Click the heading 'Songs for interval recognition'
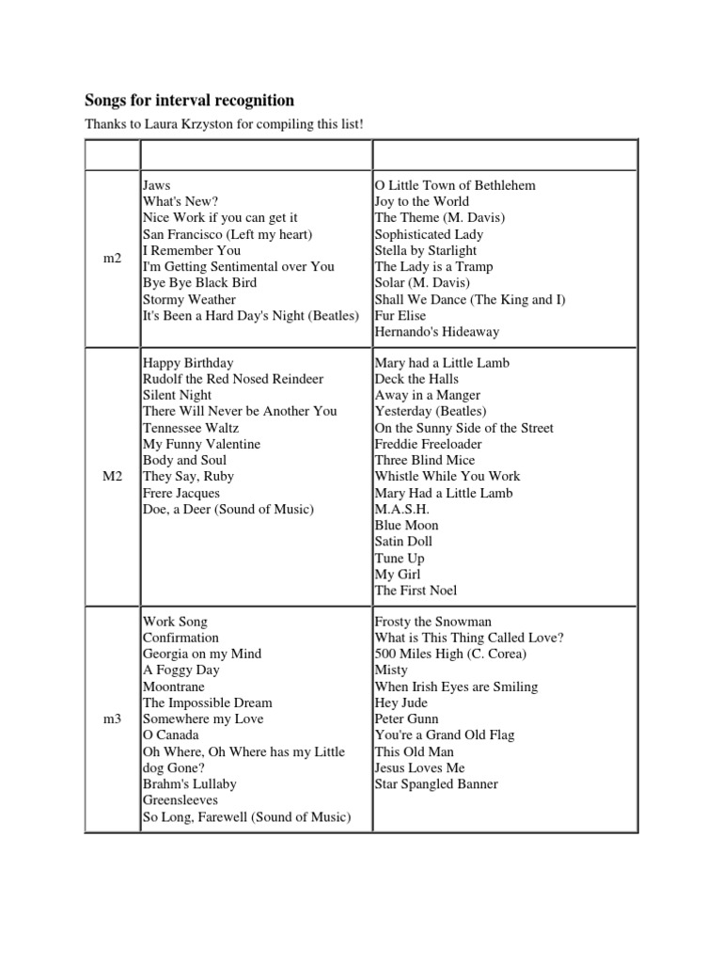click(x=189, y=101)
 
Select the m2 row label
click(x=113, y=258)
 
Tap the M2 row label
click(x=113, y=477)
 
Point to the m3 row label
click(x=113, y=719)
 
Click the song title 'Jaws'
click(x=156, y=185)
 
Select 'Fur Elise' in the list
click(x=400, y=315)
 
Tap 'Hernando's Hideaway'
click(x=436, y=331)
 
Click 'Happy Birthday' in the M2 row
click(x=188, y=363)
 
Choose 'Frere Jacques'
click(x=181, y=493)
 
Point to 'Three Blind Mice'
click(x=424, y=460)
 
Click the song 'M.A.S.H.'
click(x=400, y=509)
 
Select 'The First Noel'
click(x=416, y=591)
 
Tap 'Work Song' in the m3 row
click(x=175, y=622)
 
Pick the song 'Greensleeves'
click(x=180, y=800)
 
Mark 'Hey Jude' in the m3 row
click(x=400, y=703)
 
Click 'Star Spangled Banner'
click(x=436, y=784)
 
